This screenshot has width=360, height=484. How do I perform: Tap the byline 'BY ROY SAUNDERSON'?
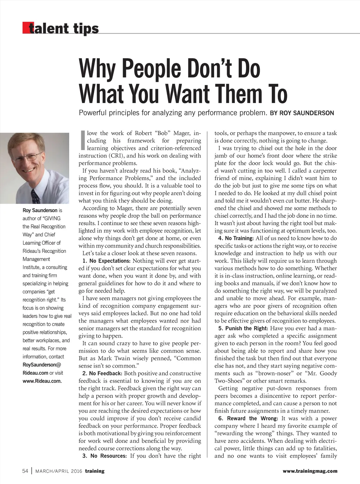tap(302, 113)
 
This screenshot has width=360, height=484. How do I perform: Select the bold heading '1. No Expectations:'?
tap(106, 261)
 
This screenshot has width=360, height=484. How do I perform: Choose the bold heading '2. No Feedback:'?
tap(102, 374)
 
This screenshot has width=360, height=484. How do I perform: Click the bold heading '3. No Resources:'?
tap(104, 456)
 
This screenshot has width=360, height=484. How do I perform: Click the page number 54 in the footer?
tap(25, 471)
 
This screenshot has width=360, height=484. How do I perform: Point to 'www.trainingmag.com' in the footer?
tap(310, 471)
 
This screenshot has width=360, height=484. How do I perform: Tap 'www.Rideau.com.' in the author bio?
tap(42, 381)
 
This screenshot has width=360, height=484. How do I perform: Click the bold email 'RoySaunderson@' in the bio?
tap(42, 365)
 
